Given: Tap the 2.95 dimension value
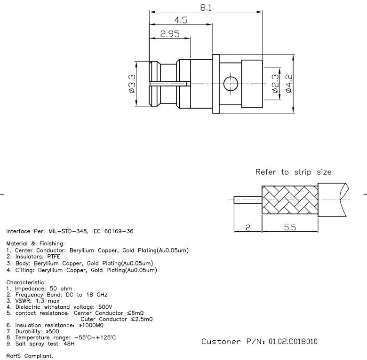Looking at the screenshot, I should [170, 33].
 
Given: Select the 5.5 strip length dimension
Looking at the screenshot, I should [290, 227].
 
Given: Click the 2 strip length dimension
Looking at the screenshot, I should [247, 227].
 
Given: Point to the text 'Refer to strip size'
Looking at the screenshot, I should [293, 172].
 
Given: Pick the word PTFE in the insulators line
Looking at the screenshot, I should [53, 257].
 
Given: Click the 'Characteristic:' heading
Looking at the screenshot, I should [25, 282].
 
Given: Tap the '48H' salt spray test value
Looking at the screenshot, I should [68, 344].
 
